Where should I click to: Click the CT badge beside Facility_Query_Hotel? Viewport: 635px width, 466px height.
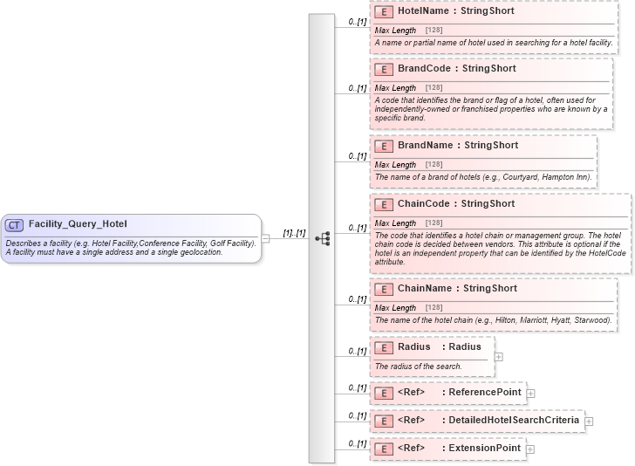14,225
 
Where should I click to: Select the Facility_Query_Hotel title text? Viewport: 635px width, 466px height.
78,224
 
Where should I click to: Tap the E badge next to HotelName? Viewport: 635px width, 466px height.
383,12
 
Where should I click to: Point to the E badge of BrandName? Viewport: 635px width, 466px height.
383,146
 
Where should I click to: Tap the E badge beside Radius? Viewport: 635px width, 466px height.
383,347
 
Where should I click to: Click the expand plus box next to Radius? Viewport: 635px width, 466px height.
499,356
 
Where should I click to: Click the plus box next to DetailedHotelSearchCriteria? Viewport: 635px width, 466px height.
589,421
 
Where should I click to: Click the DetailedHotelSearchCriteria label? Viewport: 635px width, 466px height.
513,421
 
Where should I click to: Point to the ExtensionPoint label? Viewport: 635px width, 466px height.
484,449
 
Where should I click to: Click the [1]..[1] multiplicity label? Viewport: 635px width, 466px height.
294,234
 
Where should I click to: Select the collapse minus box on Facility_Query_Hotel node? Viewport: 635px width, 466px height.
265,237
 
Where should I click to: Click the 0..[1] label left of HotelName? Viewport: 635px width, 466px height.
356,20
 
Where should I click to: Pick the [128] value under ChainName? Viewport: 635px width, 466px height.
434,308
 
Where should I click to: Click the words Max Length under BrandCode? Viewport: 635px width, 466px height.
395,88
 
